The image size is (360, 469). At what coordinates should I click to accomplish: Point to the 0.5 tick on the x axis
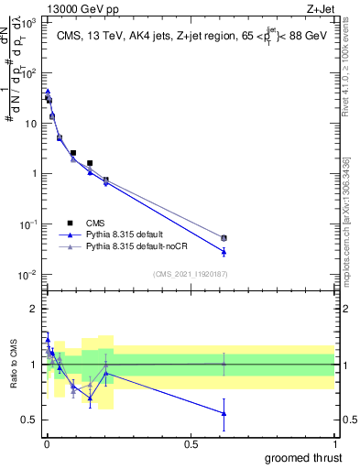click(x=191, y=444)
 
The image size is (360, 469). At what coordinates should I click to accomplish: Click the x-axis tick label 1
click(x=334, y=444)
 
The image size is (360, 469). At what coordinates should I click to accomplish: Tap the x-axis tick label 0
click(x=46, y=444)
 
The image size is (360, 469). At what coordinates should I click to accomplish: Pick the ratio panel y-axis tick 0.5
click(x=30, y=420)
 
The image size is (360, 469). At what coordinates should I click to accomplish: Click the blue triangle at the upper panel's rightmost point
click(x=224, y=251)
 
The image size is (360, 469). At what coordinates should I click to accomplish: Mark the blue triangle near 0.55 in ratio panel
click(x=224, y=413)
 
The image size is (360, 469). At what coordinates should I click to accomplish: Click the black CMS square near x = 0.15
click(x=90, y=163)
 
